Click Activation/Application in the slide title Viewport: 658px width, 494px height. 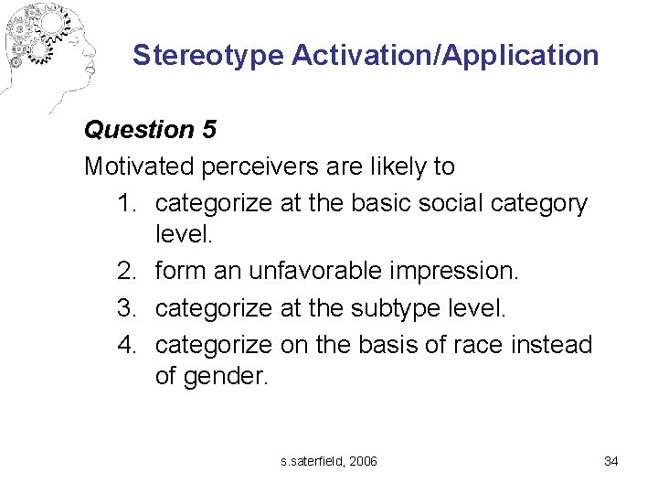445,55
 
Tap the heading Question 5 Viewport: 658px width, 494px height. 150,130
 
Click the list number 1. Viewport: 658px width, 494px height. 126,203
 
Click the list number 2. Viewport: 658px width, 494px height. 126,272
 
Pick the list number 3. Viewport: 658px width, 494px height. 126,308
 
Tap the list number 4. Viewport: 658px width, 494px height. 126,345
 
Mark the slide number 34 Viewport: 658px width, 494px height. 611,461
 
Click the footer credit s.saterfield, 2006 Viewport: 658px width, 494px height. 329,461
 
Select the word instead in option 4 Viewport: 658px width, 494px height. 555,345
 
